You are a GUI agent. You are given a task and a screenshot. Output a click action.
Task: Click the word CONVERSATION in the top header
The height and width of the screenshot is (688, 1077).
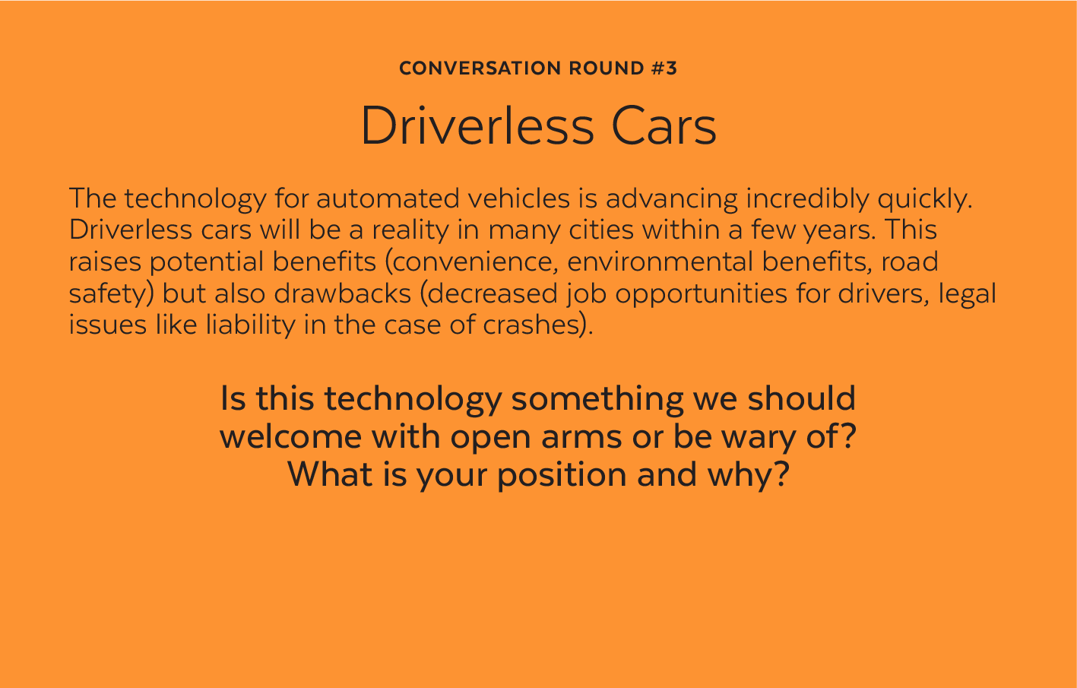[480, 68]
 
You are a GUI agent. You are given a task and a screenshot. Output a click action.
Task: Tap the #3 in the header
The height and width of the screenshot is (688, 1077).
[664, 68]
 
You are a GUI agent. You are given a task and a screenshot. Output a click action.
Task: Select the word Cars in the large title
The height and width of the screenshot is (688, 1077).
[664, 126]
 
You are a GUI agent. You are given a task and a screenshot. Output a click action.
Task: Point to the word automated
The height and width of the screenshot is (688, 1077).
[388, 198]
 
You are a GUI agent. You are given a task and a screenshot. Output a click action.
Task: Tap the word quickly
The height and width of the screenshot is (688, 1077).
[924, 199]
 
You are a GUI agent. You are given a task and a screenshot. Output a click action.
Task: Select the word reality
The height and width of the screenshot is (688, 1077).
[410, 230]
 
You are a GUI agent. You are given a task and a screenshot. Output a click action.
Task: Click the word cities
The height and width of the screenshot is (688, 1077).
[601, 230]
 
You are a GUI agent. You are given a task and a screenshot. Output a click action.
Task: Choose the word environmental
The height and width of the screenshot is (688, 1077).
[660, 261]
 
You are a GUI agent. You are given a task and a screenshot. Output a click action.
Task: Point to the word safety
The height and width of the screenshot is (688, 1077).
[112, 293]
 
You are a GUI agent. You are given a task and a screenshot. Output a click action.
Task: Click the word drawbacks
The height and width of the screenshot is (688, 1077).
[342, 293]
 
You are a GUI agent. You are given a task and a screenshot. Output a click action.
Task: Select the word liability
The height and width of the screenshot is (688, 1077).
[251, 325]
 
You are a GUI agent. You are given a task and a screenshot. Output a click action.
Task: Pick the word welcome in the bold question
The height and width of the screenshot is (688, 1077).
[291, 436]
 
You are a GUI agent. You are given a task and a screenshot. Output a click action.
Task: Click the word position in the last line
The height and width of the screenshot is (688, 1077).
[562, 475]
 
